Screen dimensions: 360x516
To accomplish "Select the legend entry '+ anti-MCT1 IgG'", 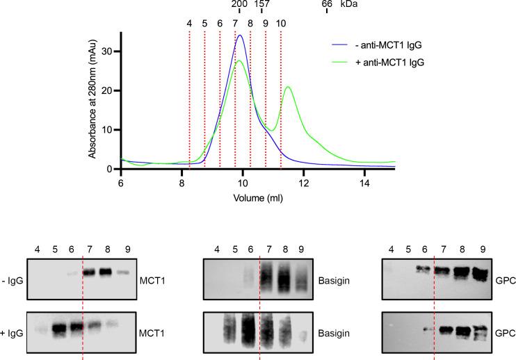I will coord(388,62).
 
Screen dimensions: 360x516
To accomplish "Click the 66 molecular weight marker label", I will coord(327,6).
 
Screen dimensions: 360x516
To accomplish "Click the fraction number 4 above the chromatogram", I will coord(189,23).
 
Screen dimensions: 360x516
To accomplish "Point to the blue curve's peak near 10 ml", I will coord(241,35).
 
